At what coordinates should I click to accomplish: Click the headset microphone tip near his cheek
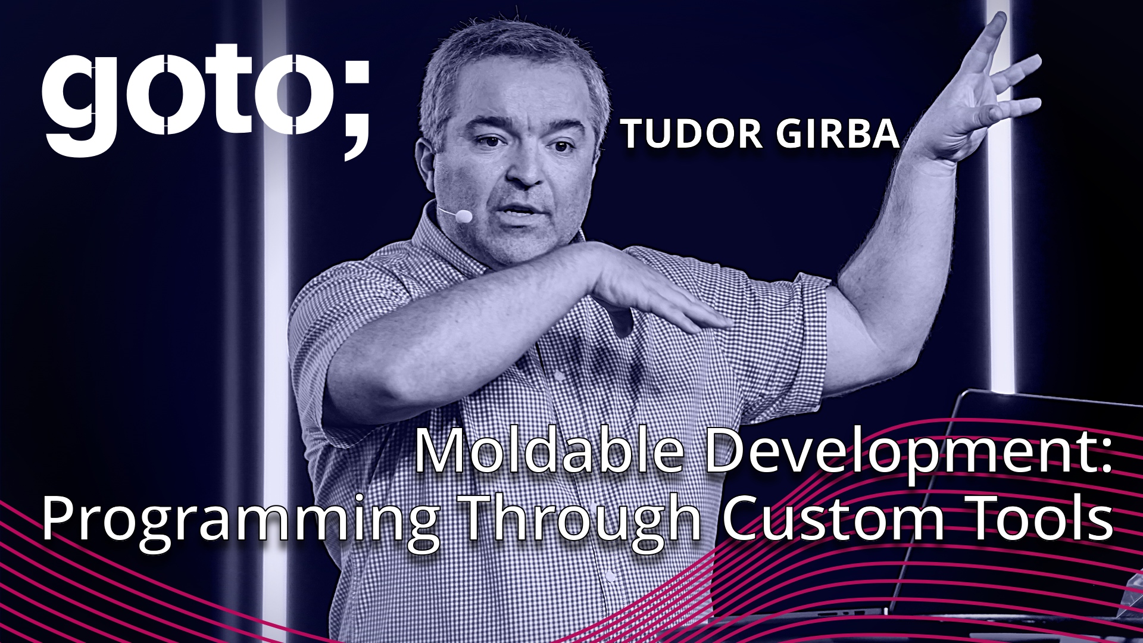pos(463,216)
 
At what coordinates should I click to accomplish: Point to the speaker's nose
pos(524,170)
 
